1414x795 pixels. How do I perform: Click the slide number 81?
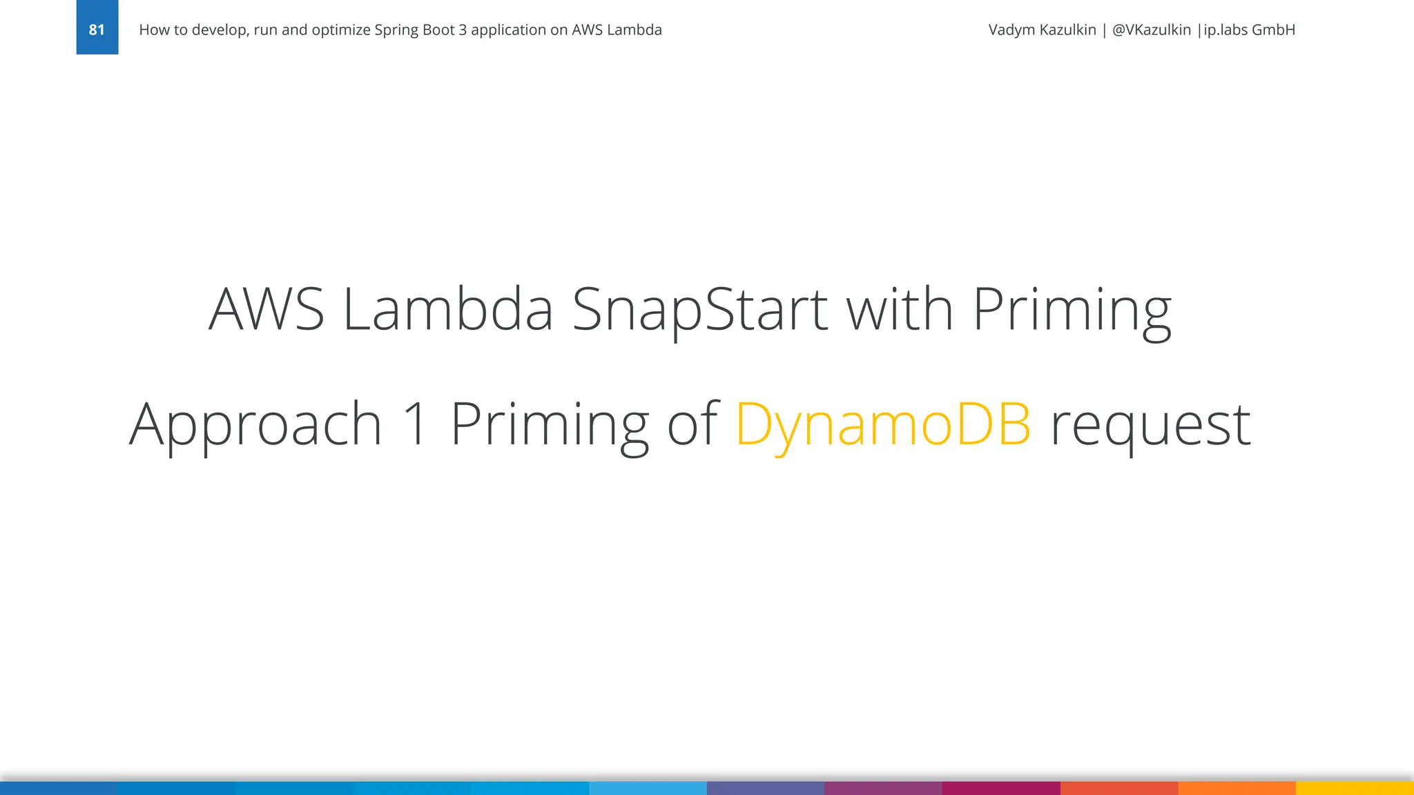97,30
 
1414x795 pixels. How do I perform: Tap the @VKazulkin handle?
1151,30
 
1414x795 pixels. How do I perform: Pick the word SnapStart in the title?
699,310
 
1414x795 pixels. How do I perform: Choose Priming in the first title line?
1072,310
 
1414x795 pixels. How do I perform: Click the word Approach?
255,425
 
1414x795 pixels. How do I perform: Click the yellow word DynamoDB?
883,425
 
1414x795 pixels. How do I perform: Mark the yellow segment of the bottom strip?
1355,788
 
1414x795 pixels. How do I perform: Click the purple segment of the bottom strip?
883,788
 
